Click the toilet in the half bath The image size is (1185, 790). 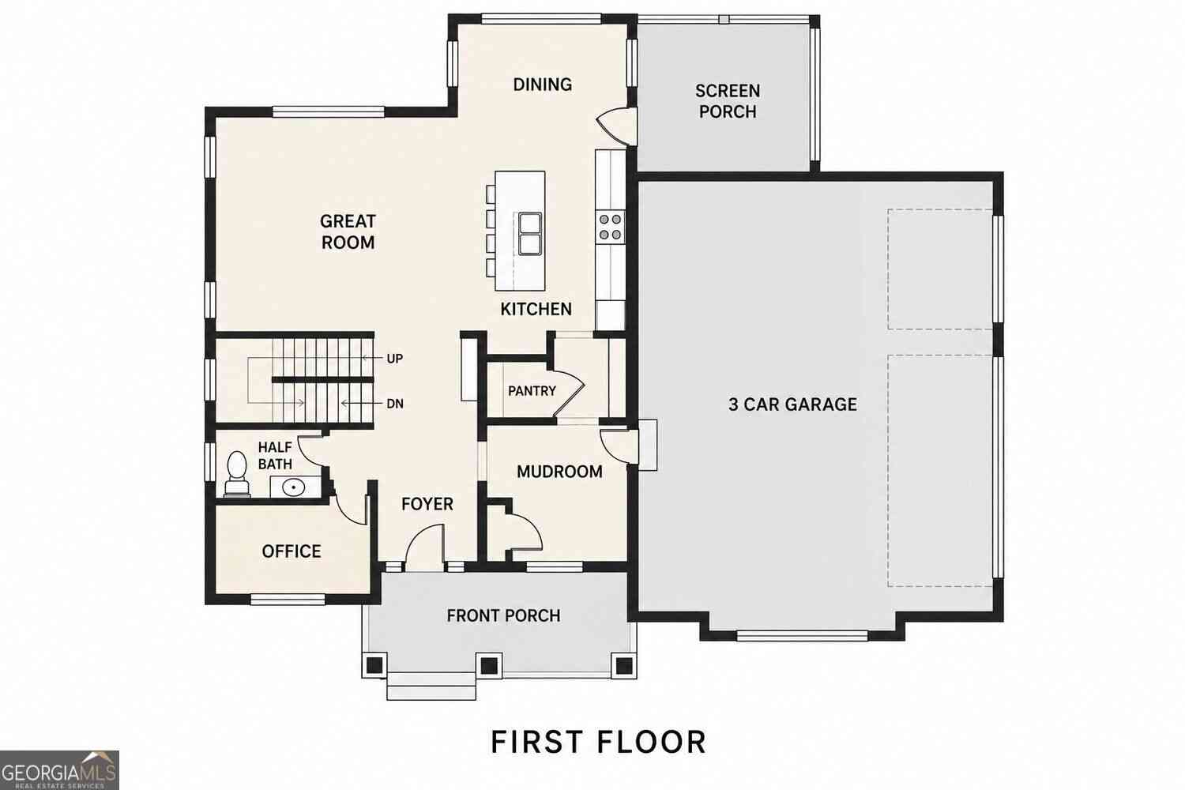click(236, 474)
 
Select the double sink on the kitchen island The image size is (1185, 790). click(529, 234)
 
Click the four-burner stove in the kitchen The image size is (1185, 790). click(610, 227)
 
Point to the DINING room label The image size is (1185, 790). click(542, 84)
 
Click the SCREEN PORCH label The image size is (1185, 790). click(728, 101)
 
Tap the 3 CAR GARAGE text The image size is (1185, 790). click(792, 404)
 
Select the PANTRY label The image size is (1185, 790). click(532, 391)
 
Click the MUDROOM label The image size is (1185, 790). click(559, 472)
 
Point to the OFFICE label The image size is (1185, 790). click(292, 551)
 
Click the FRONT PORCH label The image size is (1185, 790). click(503, 615)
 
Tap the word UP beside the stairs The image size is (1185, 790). click(395, 359)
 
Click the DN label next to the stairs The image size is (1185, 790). click(395, 404)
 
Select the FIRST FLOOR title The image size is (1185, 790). click(598, 742)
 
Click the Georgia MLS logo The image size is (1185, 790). click(58, 770)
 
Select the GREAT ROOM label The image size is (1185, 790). click(348, 231)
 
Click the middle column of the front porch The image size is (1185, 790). click(488, 665)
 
